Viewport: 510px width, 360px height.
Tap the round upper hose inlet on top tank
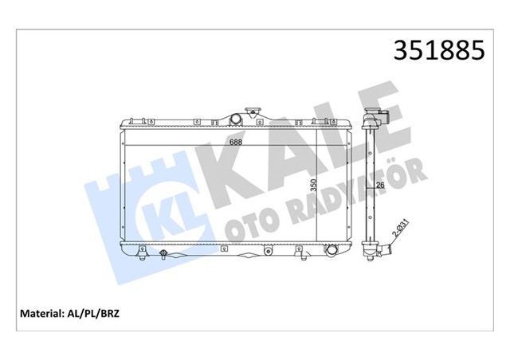pos(235,119)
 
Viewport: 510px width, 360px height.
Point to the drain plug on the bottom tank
pos(163,255)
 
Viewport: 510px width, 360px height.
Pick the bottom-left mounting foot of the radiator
pos(141,256)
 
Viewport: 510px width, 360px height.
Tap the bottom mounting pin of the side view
pos(372,259)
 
